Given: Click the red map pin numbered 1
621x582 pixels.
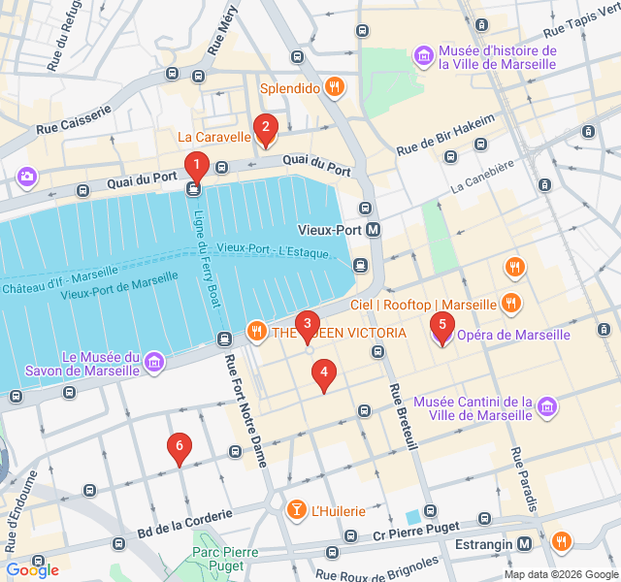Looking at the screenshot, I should (196, 166).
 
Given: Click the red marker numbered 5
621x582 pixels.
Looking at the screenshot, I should (441, 327).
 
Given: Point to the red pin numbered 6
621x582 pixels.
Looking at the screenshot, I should (178, 447).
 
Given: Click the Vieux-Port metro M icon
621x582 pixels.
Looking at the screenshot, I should (374, 230).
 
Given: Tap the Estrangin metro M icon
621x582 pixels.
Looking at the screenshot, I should (525, 544).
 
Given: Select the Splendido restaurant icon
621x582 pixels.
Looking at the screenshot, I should (335, 87).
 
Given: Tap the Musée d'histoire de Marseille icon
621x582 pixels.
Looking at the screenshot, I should (423, 56).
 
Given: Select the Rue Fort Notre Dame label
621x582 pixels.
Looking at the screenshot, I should (246, 412).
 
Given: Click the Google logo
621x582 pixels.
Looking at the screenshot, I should (32, 570).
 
